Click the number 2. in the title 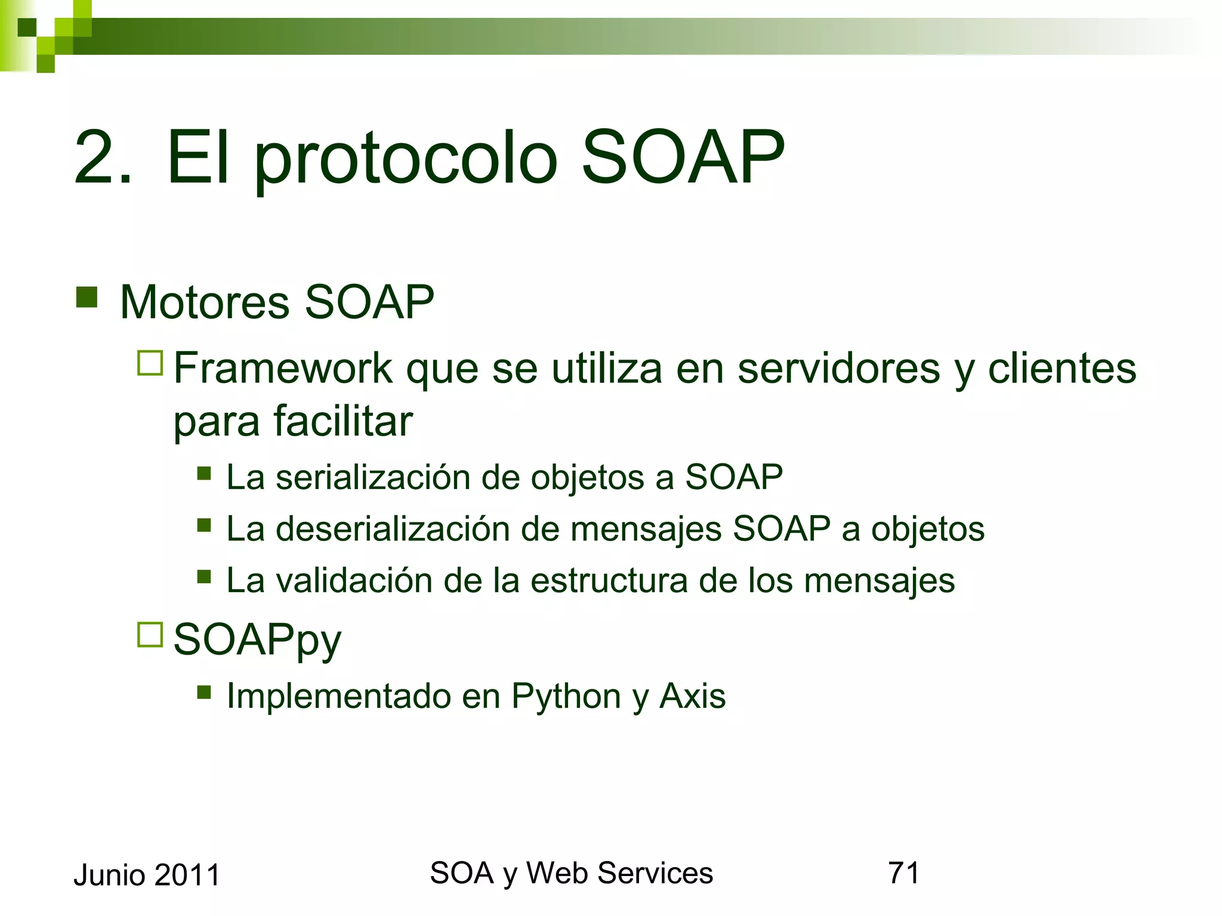(101, 158)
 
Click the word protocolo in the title (406, 161)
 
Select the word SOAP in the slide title (683, 158)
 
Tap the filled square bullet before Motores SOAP (87, 297)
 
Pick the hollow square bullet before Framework (150, 363)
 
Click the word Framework (283, 368)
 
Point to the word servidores (838, 368)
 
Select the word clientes (1062, 368)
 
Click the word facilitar (343, 420)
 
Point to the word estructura (609, 580)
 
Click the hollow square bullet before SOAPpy (150, 635)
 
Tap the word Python (566, 696)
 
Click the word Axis (692, 695)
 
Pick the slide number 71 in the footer (903, 873)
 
